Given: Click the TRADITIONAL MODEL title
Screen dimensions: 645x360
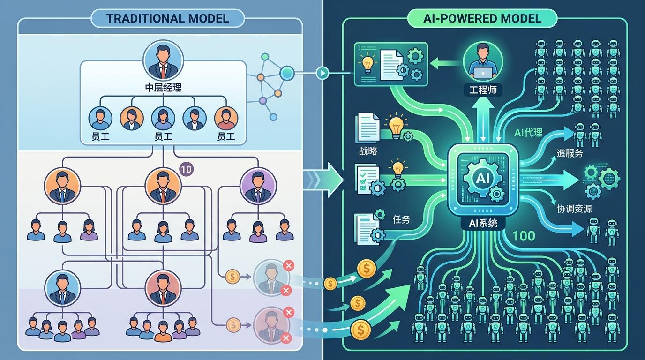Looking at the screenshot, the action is click(168, 19).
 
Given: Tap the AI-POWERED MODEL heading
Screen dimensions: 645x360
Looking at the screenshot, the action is click(482, 19).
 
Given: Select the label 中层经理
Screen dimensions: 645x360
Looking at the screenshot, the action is click(163, 88).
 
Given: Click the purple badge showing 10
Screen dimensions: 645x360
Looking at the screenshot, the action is click(186, 169).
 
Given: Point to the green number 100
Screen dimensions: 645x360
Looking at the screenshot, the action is click(524, 236).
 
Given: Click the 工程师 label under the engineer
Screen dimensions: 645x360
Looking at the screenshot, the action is click(483, 90).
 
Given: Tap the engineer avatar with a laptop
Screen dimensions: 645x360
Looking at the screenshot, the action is click(483, 61).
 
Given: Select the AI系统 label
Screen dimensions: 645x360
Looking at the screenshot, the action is click(483, 223).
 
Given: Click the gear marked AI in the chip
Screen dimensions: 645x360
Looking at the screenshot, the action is click(482, 179).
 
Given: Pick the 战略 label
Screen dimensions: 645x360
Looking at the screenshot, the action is click(368, 151).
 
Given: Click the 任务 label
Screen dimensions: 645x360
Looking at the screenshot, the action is click(401, 219).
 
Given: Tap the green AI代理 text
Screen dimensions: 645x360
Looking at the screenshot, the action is click(528, 133).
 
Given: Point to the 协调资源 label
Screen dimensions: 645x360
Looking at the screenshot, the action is click(574, 209).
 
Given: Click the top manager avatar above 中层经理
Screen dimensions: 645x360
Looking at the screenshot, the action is click(163, 60).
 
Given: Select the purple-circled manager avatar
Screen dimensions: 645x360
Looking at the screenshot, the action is click(258, 186).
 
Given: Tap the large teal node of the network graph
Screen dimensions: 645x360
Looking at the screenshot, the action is click(287, 73).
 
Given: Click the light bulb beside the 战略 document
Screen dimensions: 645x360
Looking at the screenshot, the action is click(396, 126).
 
